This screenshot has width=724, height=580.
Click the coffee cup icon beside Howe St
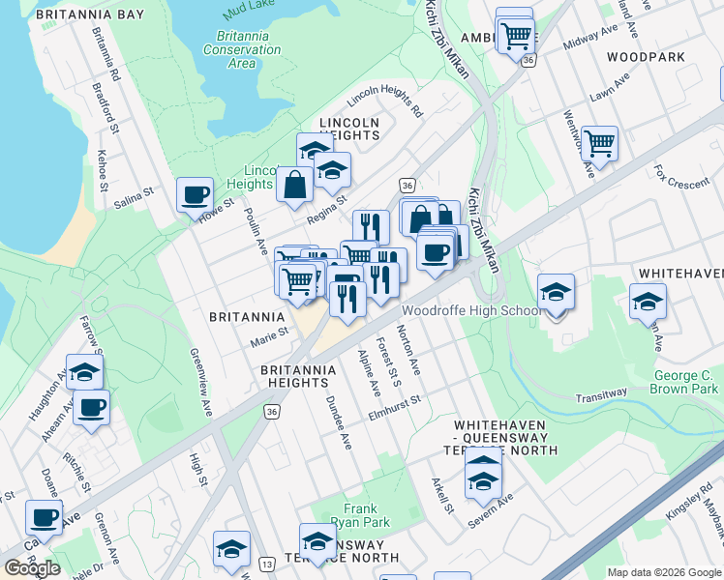(195, 193)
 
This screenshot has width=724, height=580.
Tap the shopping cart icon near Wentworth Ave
(600, 144)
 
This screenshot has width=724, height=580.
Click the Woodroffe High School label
(472, 311)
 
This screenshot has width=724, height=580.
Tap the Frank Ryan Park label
(366, 515)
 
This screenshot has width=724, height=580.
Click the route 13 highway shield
(267, 564)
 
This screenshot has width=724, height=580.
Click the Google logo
(34, 568)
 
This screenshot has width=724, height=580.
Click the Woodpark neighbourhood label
(646, 57)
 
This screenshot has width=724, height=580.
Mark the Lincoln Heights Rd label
(385, 101)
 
